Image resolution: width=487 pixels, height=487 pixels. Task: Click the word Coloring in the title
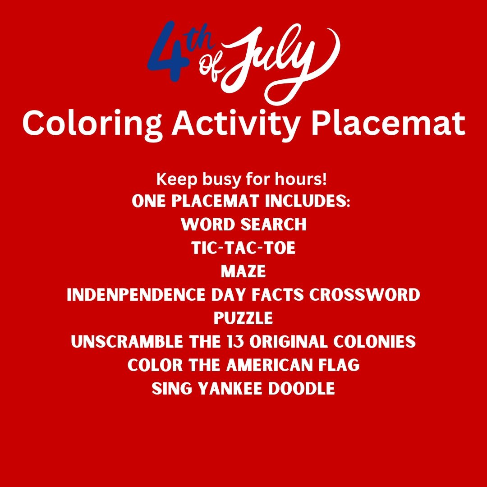coord(92,125)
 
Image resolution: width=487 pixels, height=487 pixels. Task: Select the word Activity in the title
coord(235,125)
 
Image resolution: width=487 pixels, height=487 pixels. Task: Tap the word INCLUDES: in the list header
coord(308,201)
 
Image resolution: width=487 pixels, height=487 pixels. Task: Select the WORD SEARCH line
coord(243,224)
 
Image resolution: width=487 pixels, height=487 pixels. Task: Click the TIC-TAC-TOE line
coord(243,248)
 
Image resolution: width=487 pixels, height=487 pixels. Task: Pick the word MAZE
coord(243,271)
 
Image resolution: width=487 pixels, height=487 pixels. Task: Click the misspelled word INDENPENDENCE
coord(136,295)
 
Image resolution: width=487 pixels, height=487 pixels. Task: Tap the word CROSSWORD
coord(365,295)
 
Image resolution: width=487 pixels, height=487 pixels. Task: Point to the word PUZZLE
coord(243,318)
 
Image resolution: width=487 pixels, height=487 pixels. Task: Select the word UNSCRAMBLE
coord(127,341)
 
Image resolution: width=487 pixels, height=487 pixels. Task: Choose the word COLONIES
coord(375,341)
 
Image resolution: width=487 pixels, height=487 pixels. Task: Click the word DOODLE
coord(302,388)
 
